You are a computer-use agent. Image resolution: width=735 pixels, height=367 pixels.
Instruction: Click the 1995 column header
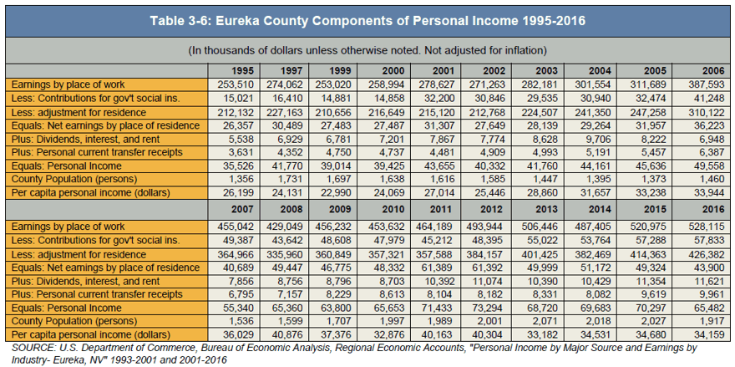pos(242,71)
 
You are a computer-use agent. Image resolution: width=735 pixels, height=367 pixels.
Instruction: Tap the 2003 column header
pos(546,71)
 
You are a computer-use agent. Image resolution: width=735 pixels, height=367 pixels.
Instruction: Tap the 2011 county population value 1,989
pos(441,322)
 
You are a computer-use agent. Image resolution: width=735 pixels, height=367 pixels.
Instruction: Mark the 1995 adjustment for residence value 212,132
pos(236,113)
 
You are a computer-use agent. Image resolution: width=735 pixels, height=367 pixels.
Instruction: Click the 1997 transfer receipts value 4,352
pos(293,152)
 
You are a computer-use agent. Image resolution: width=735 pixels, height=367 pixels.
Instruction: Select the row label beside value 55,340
pos(66,308)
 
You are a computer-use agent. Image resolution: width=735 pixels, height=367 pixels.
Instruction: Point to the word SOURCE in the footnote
pos(26,349)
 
